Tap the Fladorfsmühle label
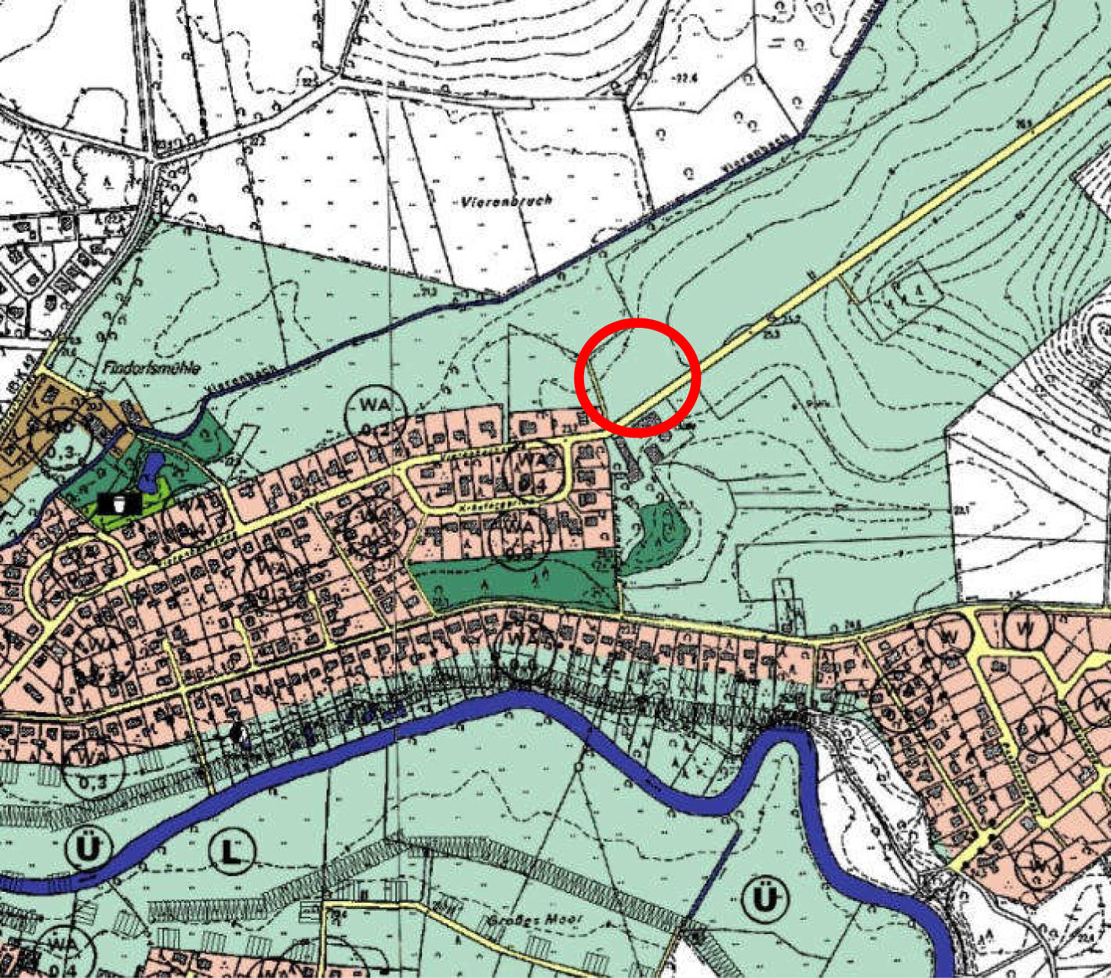(x=151, y=367)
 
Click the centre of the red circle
(x=637, y=377)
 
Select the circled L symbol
(x=232, y=851)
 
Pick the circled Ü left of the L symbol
(x=85, y=848)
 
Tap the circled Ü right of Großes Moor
(x=764, y=900)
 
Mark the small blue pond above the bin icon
(x=151, y=471)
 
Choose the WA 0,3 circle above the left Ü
(x=93, y=766)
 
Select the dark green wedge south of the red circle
(x=658, y=535)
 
